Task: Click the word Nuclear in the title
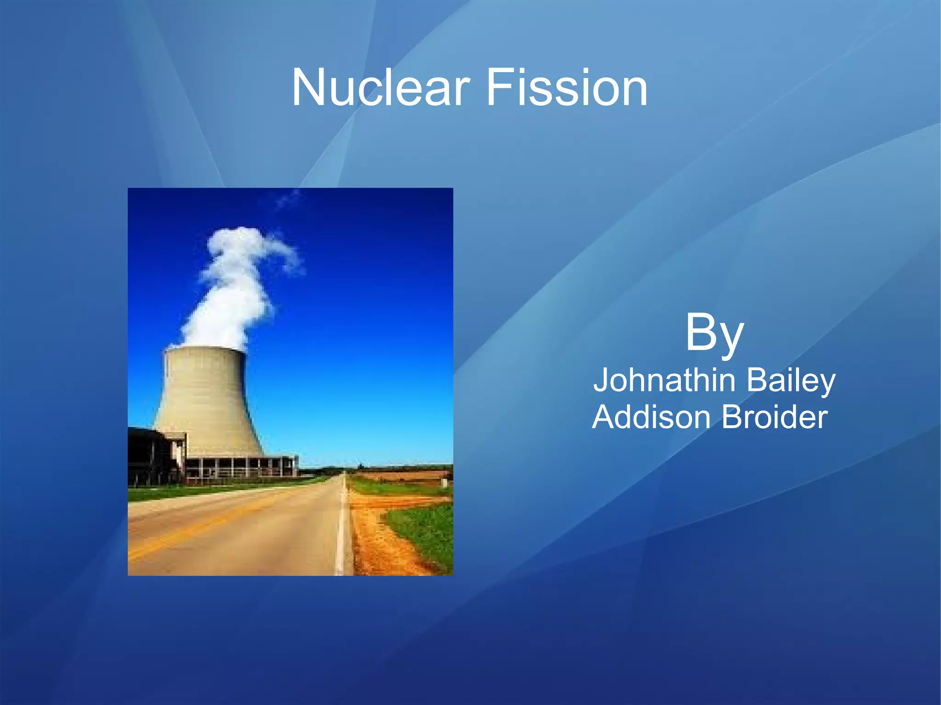point(381,87)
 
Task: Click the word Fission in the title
point(566,87)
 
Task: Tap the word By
point(714,333)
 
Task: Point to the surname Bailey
point(790,381)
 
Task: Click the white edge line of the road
point(340,528)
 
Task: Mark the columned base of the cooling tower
point(239,466)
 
